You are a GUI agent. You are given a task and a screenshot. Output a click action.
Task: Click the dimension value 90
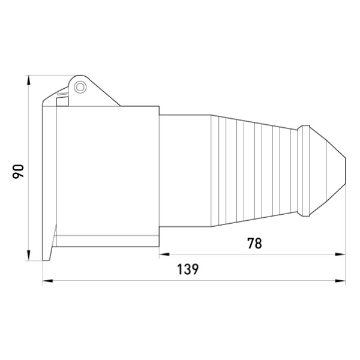coord(18,171)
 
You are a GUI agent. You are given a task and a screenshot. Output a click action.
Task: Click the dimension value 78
coord(254,244)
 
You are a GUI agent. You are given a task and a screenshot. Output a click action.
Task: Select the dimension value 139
coord(188,269)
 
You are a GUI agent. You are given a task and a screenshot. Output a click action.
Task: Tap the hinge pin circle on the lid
coord(80,87)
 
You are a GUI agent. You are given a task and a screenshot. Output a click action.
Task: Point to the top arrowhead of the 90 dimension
coord(29,81)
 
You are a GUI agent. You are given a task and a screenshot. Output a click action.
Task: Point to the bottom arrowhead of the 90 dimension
coord(29,255)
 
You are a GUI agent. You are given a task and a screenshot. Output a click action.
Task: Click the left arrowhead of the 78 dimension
coord(164,254)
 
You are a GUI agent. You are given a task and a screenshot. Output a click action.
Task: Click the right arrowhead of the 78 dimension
coord(340,254)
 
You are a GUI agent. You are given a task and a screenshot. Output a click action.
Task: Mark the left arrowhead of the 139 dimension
coord(48,281)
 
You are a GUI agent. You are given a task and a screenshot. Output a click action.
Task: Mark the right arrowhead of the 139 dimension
coord(340,281)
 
